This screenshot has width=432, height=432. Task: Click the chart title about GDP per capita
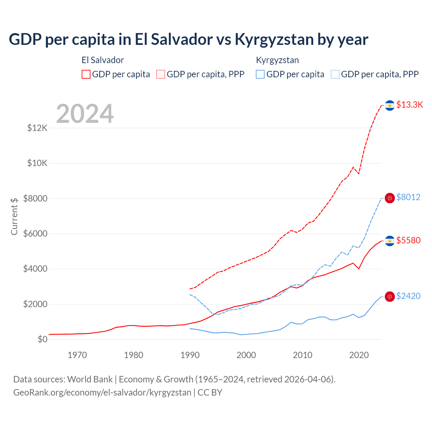pos(188,39)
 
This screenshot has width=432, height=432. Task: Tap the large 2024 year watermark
pos(85,114)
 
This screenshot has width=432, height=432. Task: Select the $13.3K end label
pos(409,105)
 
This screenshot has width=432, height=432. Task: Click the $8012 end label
pos(408,197)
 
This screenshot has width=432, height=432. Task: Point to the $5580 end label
pos(408,240)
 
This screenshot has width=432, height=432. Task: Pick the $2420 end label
pos(408,296)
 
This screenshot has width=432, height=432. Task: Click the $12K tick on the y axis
pos(37,128)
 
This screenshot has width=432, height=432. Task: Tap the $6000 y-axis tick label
pos(35,234)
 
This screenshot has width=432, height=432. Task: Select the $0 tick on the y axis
pos(42,339)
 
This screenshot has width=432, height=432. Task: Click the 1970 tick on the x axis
pos(77,355)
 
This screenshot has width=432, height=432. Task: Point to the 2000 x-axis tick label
pos(246,355)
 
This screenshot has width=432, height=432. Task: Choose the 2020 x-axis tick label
pos(359,355)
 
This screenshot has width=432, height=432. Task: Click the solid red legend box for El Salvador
pos(86,74)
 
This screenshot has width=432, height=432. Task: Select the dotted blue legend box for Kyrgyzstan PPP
pos(335,74)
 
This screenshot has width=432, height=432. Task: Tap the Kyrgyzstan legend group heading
pos(277,60)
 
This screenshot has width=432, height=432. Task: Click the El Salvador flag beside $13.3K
pos(390,105)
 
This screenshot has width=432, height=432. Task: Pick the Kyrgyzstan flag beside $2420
pos(390,297)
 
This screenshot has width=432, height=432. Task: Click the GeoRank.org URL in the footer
pos(102,393)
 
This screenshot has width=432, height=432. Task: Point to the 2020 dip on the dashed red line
pos(359,173)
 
